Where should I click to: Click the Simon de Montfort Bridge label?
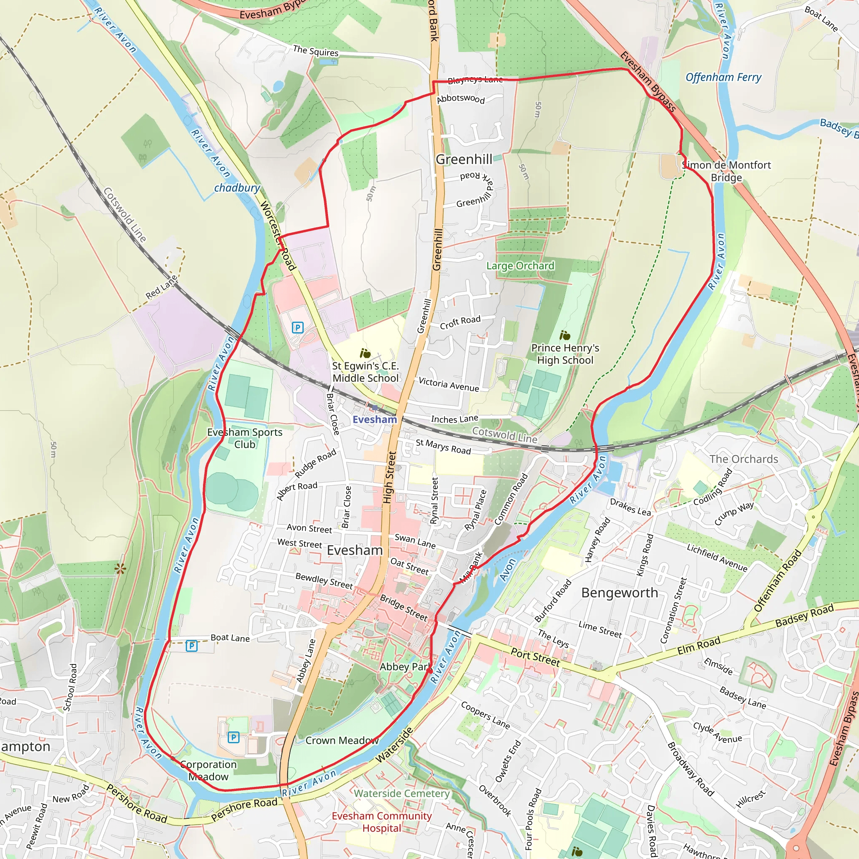726,171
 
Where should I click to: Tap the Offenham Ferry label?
723,77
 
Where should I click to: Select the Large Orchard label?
520,266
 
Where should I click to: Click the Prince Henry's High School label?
565,354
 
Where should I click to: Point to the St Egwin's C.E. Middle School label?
365,372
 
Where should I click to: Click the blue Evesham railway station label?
375,419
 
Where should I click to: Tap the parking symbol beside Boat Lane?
191,646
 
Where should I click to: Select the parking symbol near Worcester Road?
297,328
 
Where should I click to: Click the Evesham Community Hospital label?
382,822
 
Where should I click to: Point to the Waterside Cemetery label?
401,793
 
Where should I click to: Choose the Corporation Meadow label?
208,770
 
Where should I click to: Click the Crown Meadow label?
341,740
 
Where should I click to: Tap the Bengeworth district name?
620,593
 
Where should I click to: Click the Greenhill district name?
464,159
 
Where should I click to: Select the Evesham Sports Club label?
245,438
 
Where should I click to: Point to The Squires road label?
315,51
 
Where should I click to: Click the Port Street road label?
535,657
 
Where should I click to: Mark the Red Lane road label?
161,287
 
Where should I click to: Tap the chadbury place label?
237,187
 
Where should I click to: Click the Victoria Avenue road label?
449,384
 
